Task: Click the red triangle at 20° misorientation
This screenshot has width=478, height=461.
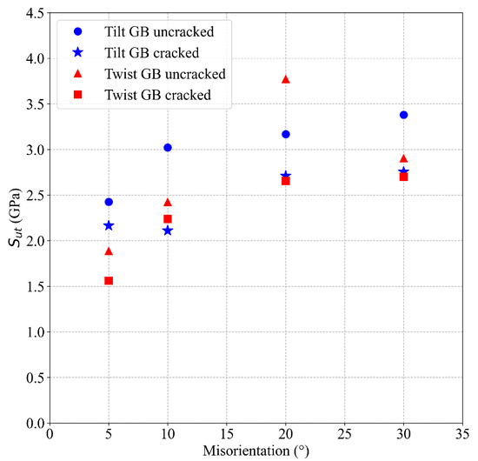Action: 286,79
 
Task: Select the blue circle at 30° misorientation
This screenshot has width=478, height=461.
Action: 403,115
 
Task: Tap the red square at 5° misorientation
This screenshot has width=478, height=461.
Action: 109,281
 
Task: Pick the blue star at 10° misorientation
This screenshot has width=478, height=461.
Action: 168,230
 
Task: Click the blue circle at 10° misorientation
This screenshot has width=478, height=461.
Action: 168,148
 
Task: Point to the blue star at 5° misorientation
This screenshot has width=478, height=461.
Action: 109,225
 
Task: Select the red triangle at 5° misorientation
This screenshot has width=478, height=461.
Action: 109,251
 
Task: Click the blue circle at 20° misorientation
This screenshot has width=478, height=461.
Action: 286,134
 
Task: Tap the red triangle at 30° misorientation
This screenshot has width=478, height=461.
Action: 403,158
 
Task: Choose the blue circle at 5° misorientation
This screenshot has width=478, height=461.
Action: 109,202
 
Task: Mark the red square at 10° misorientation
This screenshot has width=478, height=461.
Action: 168,219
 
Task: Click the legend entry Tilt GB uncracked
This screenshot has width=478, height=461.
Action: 156,30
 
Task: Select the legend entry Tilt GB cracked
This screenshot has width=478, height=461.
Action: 148,51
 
